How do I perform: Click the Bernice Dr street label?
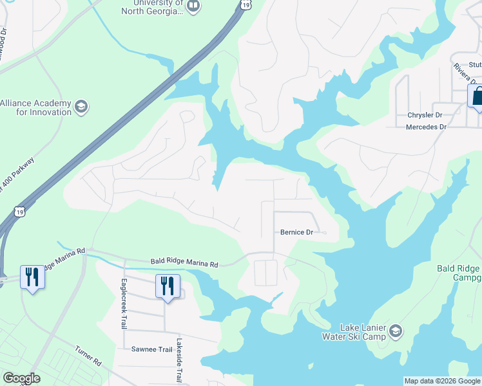pyautogui.click(x=296, y=232)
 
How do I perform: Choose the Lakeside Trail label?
pyautogui.click(x=180, y=360)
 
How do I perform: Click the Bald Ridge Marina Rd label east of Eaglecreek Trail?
pyautogui.click(x=185, y=262)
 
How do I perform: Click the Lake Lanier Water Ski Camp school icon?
pyautogui.click(x=395, y=331)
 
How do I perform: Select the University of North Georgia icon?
pyautogui.click(x=194, y=6)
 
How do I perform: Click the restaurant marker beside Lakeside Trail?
pyautogui.click(x=168, y=285)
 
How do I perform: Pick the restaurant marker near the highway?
pyautogui.click(x=31, y=277)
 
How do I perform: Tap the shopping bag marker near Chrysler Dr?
pyautogui.click(x=477, y=96)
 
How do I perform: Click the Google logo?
pyautogui.click(x=21, y=378)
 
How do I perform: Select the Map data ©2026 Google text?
pyautogui.click(x=442, y=381)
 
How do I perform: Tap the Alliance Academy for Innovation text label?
pyautogui.click(x=35, y=107)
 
